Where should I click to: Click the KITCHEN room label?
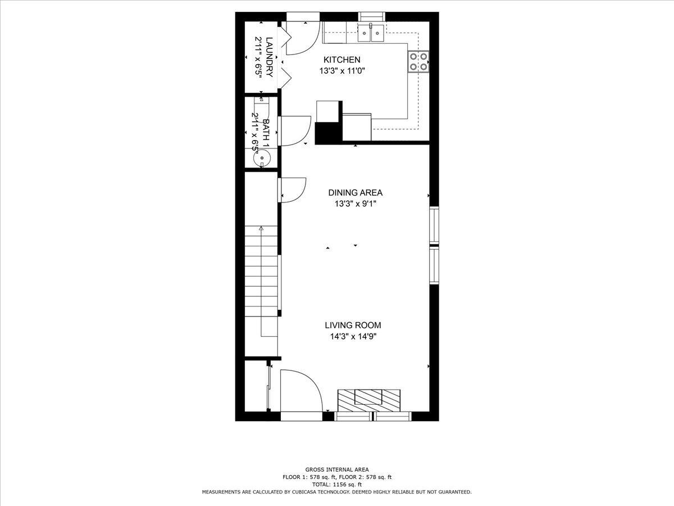tap(341, 60)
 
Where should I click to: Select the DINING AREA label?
tap(355, 192)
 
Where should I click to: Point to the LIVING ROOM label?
tap(353, 325)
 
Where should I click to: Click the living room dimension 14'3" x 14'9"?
tap(353, 337)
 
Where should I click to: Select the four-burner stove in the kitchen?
tap(418, 61)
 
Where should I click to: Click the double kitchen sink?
tap(371, 33)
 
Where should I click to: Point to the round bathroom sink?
tap(262, 159)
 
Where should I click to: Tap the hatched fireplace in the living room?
tap(368, 400)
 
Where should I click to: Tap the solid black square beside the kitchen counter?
tap(328, 133)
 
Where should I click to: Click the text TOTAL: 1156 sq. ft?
tap(337, 484)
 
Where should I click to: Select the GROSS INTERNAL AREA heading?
tap(337, 469)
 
